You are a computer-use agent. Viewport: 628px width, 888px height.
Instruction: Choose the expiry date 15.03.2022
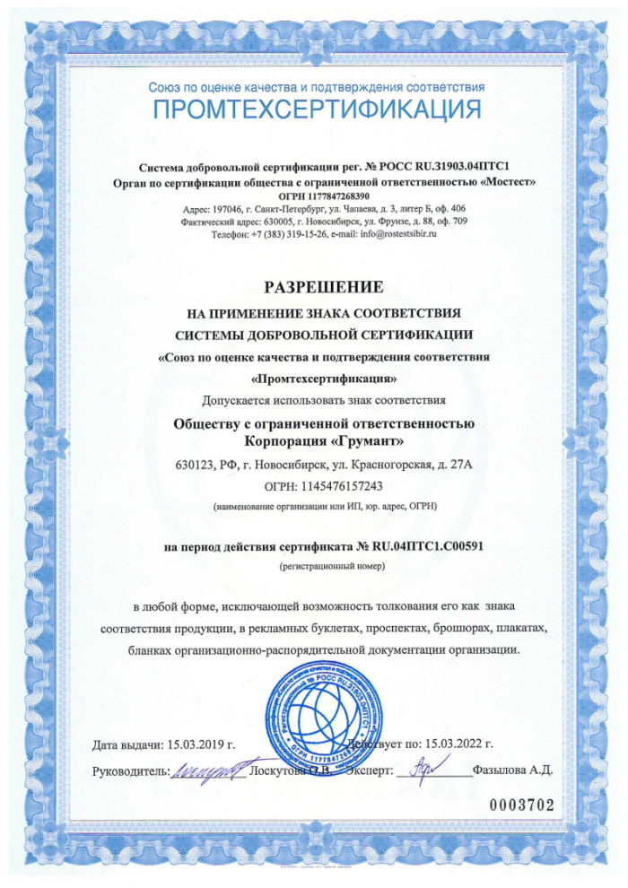click(x=457, y=744)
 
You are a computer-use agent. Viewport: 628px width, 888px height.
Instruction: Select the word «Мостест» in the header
click(x=508, y=181)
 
